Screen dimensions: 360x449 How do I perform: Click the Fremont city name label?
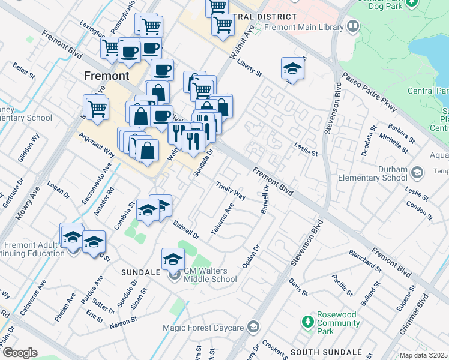coord(107,76)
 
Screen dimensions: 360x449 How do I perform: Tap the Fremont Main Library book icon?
coord(352,26)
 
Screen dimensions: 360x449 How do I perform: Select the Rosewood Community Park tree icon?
coord(308,322)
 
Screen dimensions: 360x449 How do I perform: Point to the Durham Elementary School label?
coord(372,173)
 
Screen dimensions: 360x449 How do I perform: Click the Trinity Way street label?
coord(231,190)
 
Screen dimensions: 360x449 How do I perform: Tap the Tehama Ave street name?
coord(221,219)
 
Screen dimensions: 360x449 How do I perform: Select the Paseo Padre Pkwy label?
coord(369,93)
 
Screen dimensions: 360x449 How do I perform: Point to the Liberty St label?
coord(250,68)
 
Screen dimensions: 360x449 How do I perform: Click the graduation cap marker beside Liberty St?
coord(292,70)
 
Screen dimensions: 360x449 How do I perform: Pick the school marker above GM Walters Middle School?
coord(173,259)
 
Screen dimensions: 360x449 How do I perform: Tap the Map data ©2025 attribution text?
coord(424,355)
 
